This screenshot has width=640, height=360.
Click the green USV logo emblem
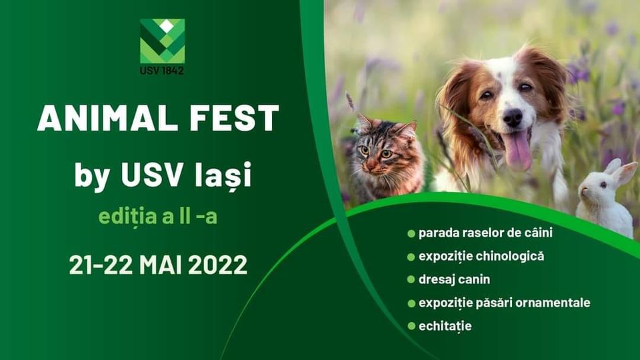click(163, 41)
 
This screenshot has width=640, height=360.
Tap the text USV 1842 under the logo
click(162, 71)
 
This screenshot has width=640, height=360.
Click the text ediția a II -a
click(158, 216)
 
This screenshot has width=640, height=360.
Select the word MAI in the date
click(160, 265)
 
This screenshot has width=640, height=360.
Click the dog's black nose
click(512, 118)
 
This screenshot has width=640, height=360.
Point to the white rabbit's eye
click(601, 185)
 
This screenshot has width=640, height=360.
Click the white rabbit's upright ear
click(625, 172)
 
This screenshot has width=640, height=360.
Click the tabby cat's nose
click(371, 165)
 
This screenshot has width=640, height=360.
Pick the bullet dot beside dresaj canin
click(411, 279)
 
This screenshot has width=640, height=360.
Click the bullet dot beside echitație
click(411, 326)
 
